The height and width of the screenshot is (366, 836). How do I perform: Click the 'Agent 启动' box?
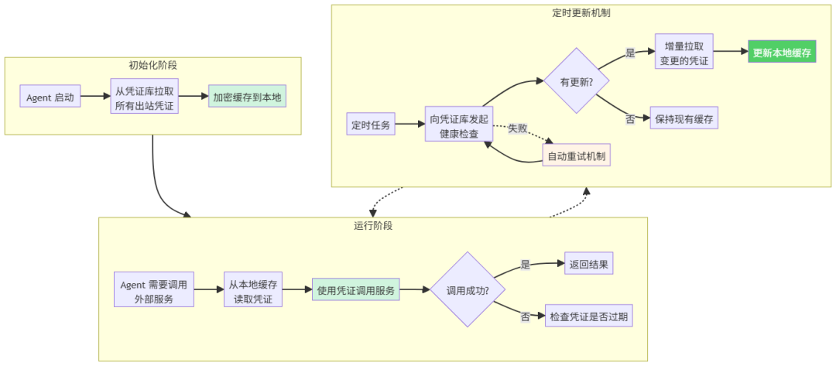(x=50, y=97)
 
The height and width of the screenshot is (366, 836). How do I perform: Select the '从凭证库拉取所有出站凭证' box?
(x=145, y=97)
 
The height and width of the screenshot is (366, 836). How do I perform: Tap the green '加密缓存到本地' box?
(x=247, y=97)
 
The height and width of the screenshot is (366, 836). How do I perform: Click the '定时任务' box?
(x=372, y=124)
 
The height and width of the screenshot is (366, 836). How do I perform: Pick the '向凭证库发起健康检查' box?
(x=459, y=125)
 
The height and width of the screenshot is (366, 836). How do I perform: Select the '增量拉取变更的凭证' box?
(x=684, y=52)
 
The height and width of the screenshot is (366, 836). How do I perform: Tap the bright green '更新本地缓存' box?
(x=782, y=53)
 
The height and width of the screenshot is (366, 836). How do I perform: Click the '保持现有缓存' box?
(x=684, y=119)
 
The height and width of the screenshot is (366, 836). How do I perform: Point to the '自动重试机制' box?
(x=576, y=156)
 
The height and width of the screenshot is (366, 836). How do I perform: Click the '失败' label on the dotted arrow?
(x=519, y=128)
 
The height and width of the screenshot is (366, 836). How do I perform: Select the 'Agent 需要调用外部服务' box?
(x=153, y=290)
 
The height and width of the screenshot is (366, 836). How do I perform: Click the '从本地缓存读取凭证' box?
(x=253, y=290)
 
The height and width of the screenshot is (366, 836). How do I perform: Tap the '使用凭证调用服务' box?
(x=356, y=290)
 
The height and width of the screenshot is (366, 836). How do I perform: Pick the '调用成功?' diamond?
(x=467, y=289)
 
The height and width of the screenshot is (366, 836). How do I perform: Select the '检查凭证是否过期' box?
(x=589, y=316)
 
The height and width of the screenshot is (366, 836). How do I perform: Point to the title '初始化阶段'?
(x=152, y=65)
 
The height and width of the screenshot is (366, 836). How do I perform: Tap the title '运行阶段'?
(x=373, y=226)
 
